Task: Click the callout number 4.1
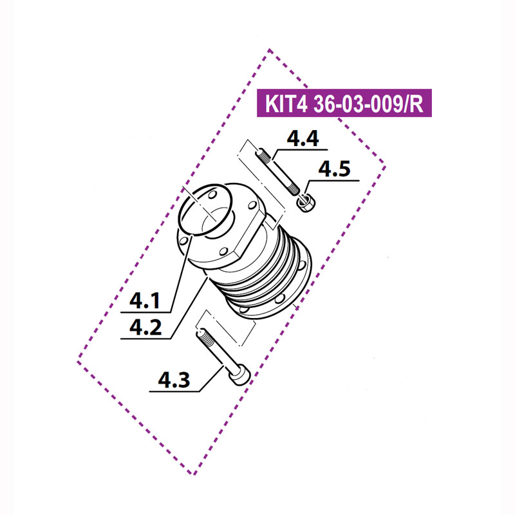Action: pyautogui.click(x=146, y=300)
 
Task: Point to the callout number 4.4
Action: pyautogui.click(x=302, y=139)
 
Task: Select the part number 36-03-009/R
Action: pyautogui.click(x=369, y=105)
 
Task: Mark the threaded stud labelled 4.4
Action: pyautogui.click(x=279, y=172)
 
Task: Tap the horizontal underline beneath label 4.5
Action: pyautogui.click(x=334, y=181)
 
